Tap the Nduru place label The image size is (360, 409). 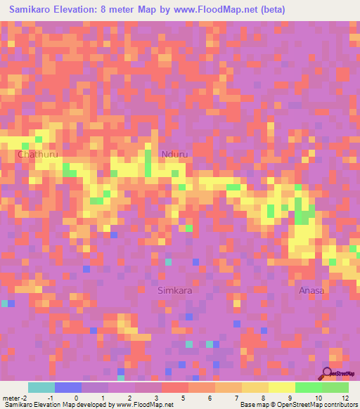174,155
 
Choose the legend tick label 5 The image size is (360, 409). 183,398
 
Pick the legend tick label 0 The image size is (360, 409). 76,398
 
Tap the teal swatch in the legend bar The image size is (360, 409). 41,387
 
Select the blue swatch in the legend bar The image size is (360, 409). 68,387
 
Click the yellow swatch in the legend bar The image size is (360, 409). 282,387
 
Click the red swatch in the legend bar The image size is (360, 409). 175,387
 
